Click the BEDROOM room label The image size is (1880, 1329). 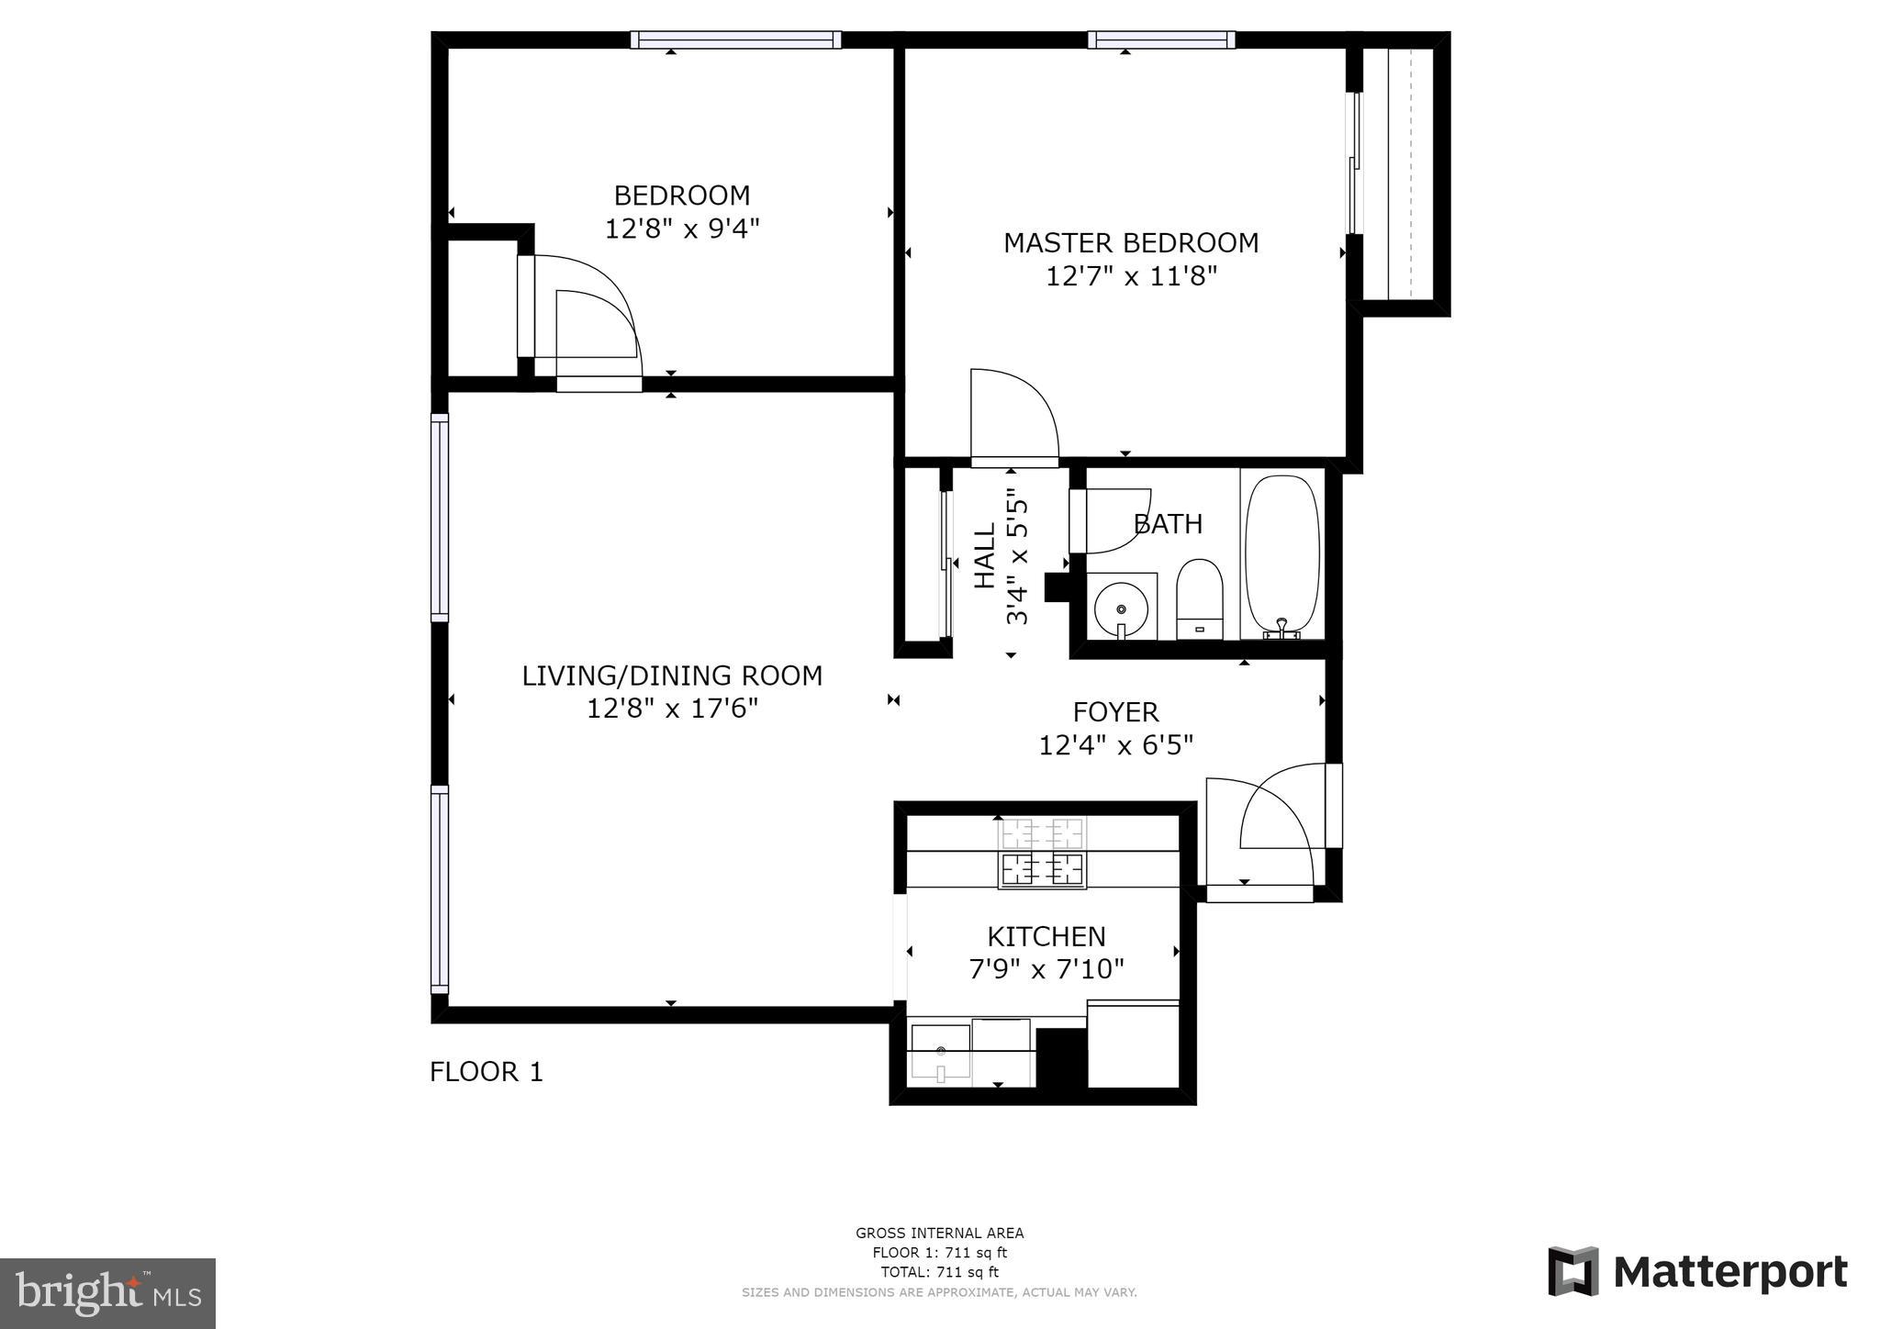(x=681, y=195)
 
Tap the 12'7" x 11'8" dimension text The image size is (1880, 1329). (x=1131, y=276)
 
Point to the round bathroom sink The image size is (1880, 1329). (x=1121, y=608)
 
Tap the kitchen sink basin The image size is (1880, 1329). (x=940, y=1052)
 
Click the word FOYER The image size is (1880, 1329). (x=1115, y=712)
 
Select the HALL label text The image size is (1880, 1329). (x=984, y=556)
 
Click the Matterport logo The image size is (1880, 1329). (x=1697, y=1272)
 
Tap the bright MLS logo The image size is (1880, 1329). (x=107, y=1293)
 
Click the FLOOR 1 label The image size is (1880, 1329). (x=487, y=1072)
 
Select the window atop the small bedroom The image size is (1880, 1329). (x=735, y=39)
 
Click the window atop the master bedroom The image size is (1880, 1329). (x=1161, y=39)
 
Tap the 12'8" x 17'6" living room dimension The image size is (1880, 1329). (x=672, y=709)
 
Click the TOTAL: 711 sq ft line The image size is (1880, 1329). (x=939, y=1272)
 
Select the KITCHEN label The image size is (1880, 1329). (x=1046, y=936)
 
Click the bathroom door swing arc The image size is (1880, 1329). (x=1115, y=522)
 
